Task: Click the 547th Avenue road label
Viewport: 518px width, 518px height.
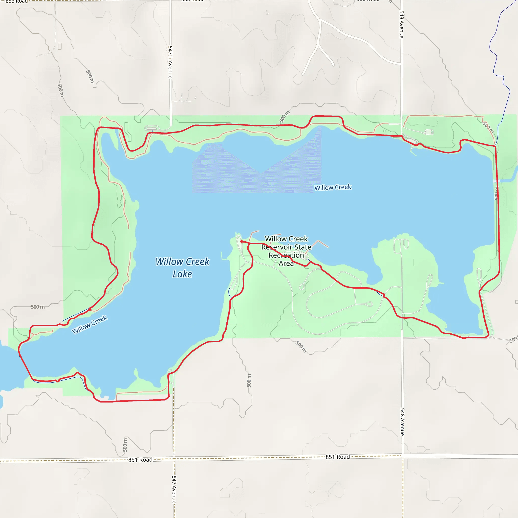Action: coord(170,62)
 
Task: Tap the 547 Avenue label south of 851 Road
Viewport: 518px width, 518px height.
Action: coord(174,490)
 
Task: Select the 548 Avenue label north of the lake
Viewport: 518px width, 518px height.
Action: coord(401,24)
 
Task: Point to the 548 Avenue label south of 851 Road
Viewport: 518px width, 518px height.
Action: coord(402,422)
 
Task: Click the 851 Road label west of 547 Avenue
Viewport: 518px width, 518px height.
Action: coord(140,460)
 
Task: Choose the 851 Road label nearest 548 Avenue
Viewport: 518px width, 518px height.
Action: coord(338,457)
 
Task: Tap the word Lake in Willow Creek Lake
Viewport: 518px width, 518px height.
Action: coord(182,274)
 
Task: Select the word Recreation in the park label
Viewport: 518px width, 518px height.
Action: coord(286,255)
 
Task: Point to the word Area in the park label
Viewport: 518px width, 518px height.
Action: coord(286,263)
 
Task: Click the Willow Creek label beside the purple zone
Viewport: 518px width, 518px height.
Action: coord(333,187)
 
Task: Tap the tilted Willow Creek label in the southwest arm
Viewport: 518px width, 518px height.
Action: coord(90,325)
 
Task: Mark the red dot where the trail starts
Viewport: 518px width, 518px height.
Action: coord(242,241)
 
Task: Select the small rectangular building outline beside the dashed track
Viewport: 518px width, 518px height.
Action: coord(59,46)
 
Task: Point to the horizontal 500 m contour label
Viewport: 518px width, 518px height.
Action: coord(38,307)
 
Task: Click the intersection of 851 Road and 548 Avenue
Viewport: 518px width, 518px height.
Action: coord(402,456)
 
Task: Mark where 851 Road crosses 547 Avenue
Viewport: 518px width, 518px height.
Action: coord(174,459)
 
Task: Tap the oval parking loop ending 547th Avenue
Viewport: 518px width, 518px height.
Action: coord(152,128)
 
